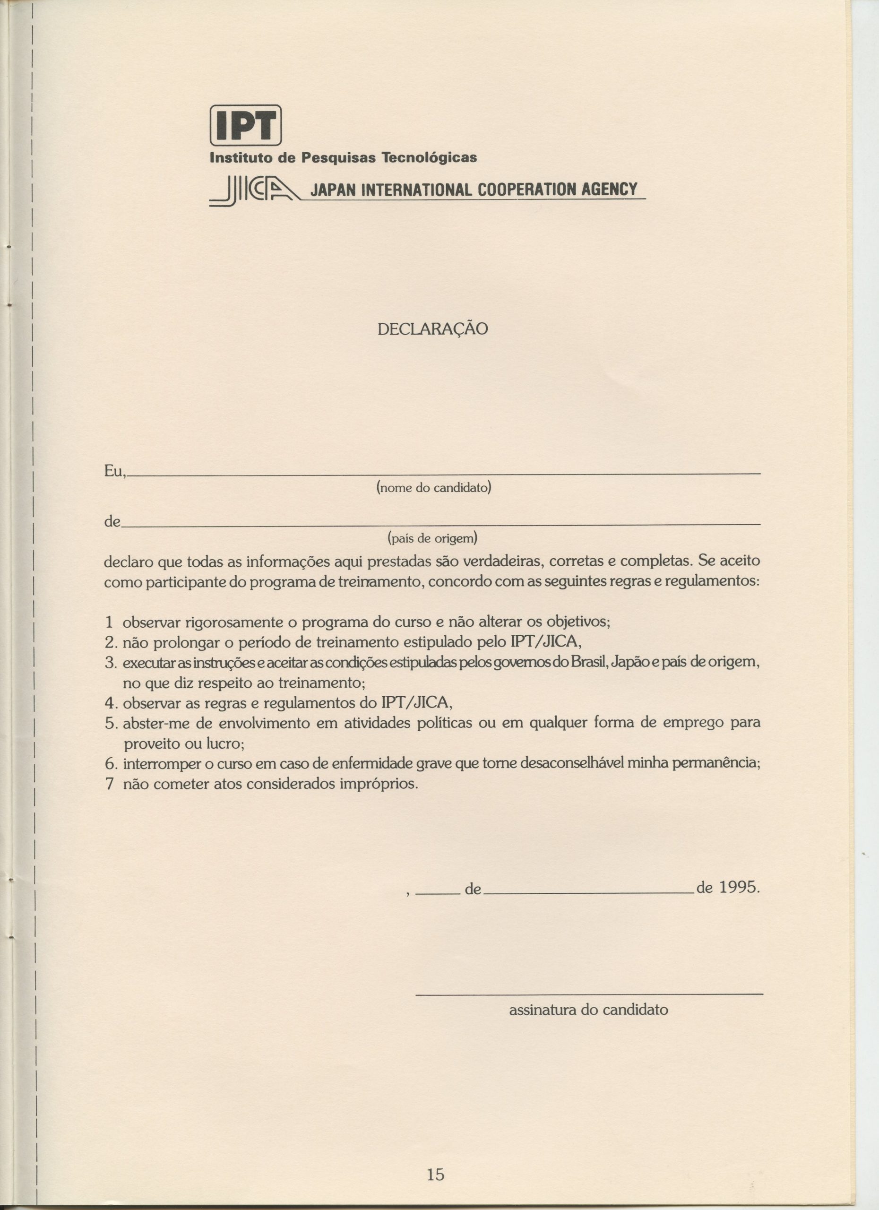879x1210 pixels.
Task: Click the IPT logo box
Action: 245,125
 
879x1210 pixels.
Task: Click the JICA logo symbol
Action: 254,192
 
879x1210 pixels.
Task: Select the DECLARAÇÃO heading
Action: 432,329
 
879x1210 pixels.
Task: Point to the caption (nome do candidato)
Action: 433,487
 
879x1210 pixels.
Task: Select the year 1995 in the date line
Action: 738,887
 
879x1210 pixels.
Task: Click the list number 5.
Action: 111,724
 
